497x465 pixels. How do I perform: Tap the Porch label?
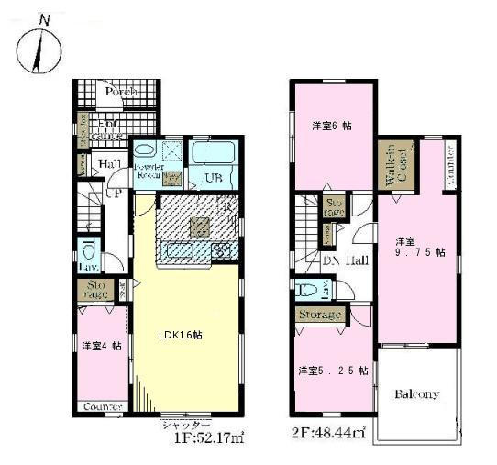coord(121,93)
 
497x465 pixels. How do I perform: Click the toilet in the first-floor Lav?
coord(88,250)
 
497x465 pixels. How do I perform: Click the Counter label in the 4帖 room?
coord(102,406)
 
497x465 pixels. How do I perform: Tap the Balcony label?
coord(417,394)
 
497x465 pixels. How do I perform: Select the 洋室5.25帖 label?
coord(332,371)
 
